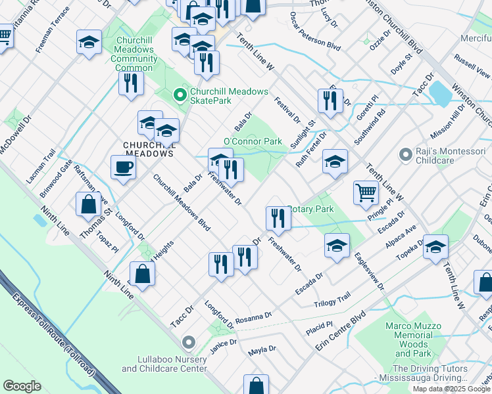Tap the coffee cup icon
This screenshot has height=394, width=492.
point(123,167)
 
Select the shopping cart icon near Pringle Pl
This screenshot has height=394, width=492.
point(366,192)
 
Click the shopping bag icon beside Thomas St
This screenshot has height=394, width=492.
point(88,204)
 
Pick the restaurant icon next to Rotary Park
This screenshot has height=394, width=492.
point(278,218)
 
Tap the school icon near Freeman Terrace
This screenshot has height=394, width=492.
point(89,43)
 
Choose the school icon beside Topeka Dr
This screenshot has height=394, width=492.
point(435,247)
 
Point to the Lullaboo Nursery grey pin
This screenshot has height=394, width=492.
point(189,342)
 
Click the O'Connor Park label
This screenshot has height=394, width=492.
point(253,141)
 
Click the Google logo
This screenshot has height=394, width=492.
point(22,386)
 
